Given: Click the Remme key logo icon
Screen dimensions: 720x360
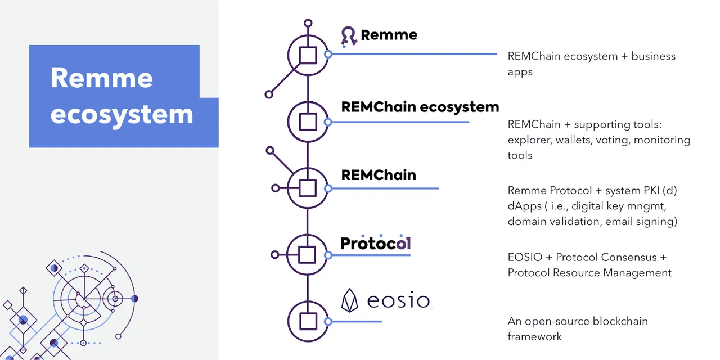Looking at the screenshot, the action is pos(349,37).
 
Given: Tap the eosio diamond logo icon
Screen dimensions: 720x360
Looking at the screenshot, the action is pos(349,300).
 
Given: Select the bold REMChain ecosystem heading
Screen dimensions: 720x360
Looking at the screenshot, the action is pos(420,107).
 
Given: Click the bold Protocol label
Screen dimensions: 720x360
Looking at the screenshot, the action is pos(375,243).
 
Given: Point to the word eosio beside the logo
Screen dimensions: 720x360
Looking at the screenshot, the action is pos(398,300).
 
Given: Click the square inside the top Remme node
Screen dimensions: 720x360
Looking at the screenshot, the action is pos(308,55).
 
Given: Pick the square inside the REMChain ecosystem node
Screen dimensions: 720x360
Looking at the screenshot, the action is pos(308,122).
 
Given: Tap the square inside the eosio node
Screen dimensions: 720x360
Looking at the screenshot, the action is pos(308,321).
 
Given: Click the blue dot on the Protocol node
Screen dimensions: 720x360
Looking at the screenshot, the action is pos(328,255).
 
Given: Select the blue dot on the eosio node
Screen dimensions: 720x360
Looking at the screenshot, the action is pos(328,321).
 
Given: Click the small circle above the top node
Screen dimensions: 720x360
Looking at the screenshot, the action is pos(308,23).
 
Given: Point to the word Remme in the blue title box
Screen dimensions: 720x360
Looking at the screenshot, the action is pos(102,78).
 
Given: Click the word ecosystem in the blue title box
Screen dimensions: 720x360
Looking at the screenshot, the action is pos(121,114).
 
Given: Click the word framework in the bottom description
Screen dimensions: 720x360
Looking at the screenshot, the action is pos(535,336).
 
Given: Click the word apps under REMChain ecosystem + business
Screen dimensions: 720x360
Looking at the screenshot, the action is pos(520,72).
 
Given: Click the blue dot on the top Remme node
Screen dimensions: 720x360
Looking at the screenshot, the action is pos(328,54).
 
